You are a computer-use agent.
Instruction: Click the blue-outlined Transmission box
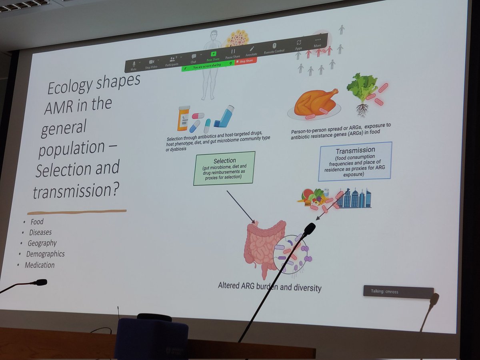[x=355, y=161]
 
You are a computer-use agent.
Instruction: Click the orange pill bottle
[x=183, y=118]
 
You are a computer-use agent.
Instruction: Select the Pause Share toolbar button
[x=233, y=52]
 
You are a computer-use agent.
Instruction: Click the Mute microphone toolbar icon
[x=134, y=65]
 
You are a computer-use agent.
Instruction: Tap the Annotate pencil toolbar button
[x=252, y=50]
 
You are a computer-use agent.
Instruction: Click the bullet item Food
[x=37, y=222]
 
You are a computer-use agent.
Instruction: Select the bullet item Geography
[x=42, y=243]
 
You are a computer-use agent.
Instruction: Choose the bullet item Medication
[x=40, y=265]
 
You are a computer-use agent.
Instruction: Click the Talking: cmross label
[x=398, y=292]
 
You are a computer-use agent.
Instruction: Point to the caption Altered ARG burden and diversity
[x=269, y=287]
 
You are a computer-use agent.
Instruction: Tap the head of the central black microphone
[x=309, y=228]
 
